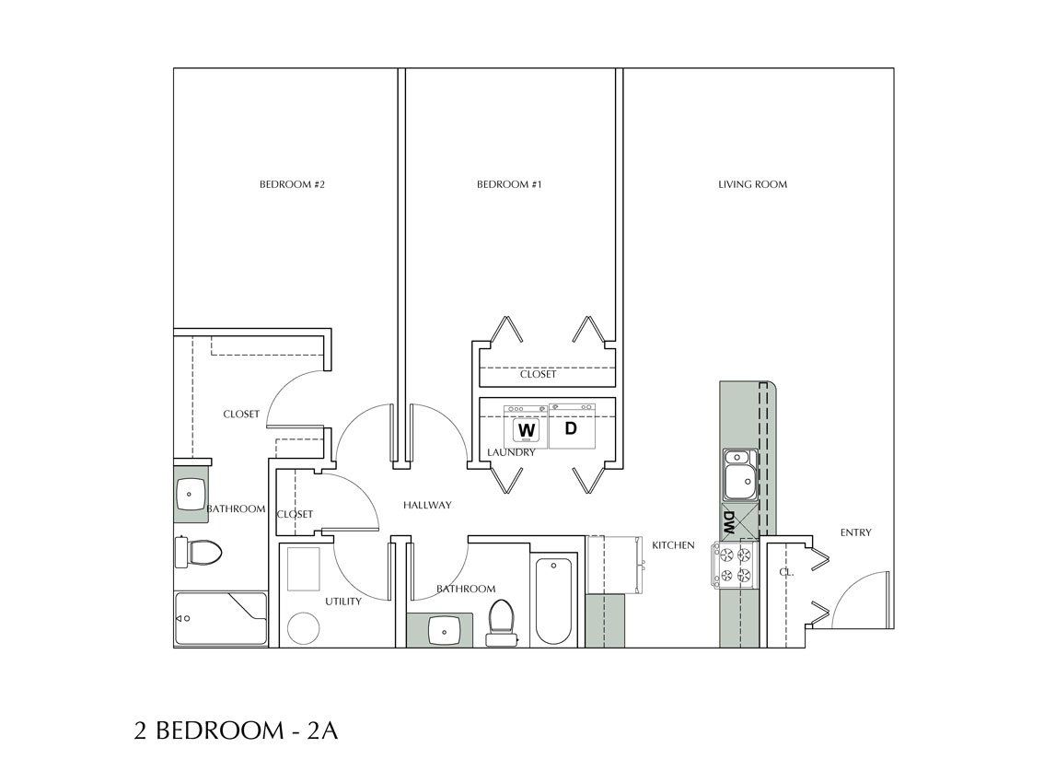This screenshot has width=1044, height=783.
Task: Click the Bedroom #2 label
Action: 293,185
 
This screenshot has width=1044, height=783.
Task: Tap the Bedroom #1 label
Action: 508,185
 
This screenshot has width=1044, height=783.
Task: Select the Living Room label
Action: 752,185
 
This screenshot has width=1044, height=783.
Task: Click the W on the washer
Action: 527,430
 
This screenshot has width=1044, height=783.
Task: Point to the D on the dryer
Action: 570,428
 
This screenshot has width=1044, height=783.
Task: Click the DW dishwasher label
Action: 728,522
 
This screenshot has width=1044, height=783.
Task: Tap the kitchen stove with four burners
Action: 735,565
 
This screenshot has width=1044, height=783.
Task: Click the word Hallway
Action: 427,505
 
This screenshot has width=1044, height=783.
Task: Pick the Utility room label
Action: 342,602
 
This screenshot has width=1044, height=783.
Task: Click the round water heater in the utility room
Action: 303,630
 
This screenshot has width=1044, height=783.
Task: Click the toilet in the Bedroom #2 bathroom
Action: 198,553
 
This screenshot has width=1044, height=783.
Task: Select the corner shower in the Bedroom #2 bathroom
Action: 221,619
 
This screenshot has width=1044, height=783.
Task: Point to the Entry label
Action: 855,532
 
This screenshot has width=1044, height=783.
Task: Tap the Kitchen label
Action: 673,545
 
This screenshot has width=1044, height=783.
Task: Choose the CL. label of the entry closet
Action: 786,572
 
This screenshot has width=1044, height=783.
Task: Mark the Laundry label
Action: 512,453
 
